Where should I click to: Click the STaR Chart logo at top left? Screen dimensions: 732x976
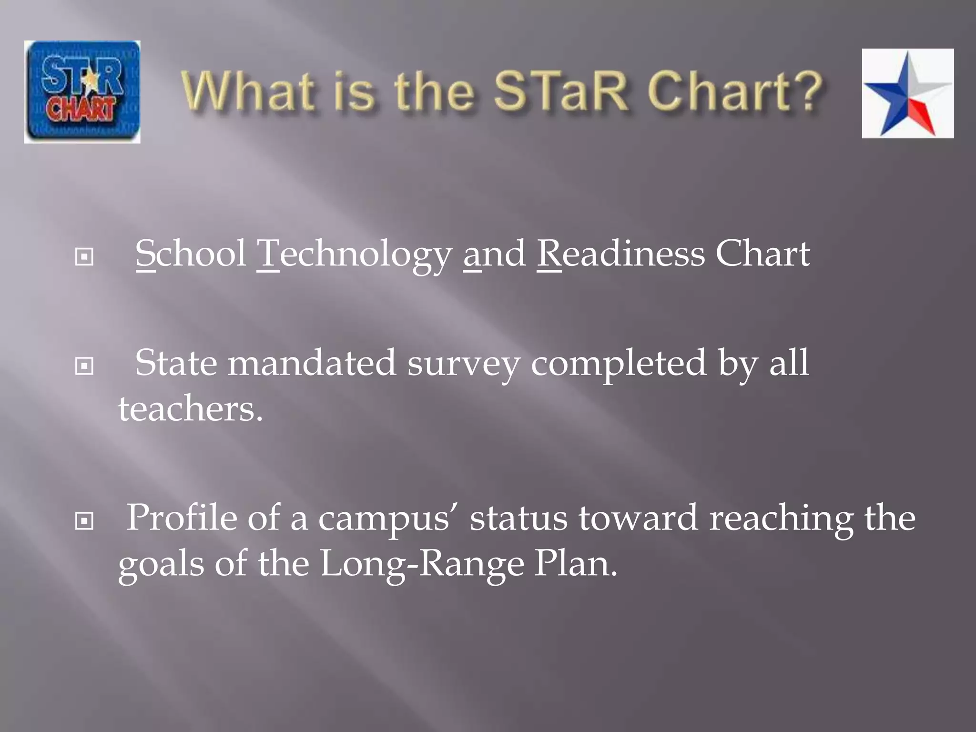point(82,91)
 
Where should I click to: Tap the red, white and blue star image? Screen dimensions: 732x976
point(907,93)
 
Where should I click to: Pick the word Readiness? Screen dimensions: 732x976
point(620,254)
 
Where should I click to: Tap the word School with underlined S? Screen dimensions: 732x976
point(191,254)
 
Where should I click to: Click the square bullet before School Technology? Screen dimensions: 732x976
point(84,257)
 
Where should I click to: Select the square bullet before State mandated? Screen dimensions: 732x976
point(84,366)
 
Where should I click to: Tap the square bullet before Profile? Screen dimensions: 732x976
point(84,521)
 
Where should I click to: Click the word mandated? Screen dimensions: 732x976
point(312,363)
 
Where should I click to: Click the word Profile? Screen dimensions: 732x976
point(182,518)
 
